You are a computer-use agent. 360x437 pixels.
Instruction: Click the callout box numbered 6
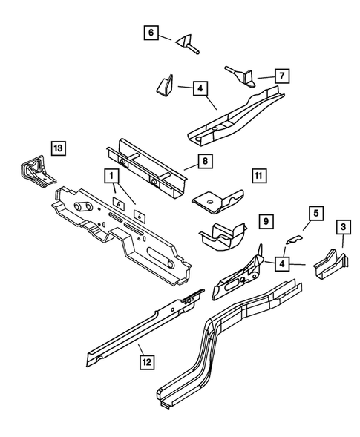point(151,33)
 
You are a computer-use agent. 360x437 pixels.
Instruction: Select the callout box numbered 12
point(148,361)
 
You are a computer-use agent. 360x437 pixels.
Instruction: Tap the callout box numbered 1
point(111,176)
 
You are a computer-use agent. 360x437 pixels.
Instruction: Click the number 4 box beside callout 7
point(200,88)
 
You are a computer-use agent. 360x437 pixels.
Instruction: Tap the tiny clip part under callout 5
point(295,239)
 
